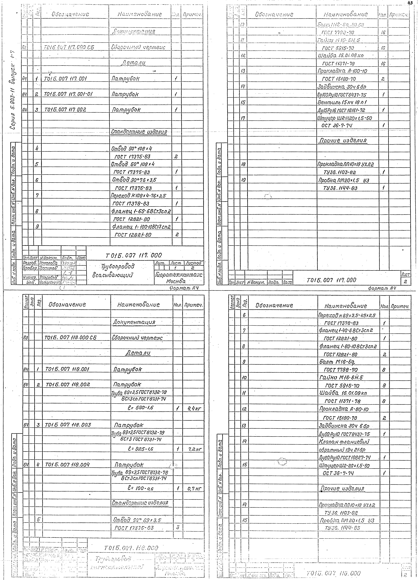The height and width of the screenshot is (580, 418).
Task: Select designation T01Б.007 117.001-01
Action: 68,94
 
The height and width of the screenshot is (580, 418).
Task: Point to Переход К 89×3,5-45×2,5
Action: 347,315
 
